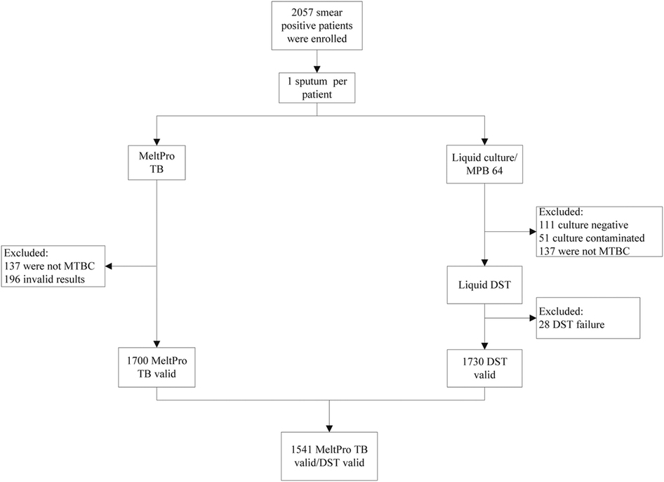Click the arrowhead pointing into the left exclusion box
[109, 266]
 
